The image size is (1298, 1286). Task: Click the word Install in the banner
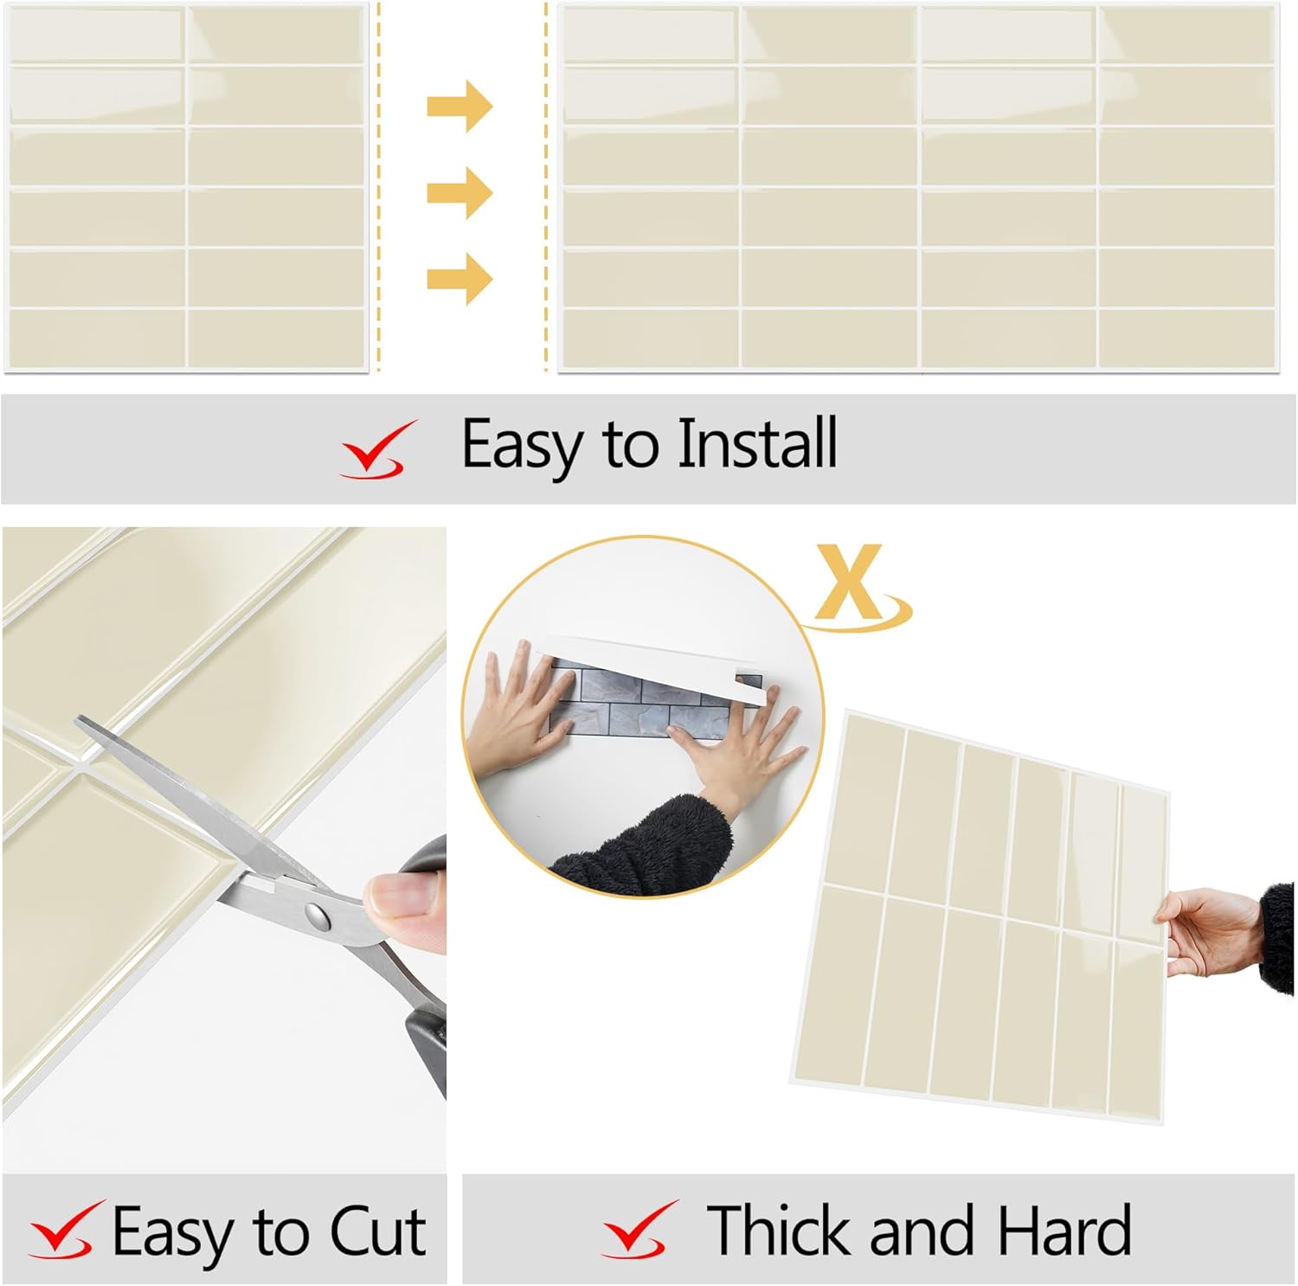pos(756,443)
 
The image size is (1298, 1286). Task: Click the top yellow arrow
pos(459,106)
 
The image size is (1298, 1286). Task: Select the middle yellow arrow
pos(459,192)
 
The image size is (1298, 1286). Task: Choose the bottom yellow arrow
pos(459,279)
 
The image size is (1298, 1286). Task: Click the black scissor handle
pos(427,961)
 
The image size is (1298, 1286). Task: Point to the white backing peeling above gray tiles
pos(658,655)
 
